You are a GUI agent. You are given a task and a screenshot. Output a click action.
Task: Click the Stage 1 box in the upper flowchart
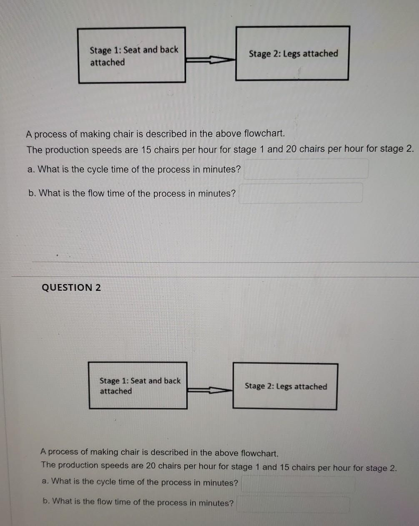pyautogui.click(x=132, y=56)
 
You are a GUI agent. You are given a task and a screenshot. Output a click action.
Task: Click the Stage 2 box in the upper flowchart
pyautogui.click(x=292, y=53)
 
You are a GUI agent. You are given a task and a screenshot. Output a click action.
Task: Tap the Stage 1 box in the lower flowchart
pyautogui.click(x=138, y=386)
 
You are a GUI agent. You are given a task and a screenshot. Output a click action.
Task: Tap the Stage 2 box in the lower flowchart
pyautogui.click(x=285, y=387)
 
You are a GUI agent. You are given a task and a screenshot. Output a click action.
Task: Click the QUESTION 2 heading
pyautogui.click(x=71, y=287)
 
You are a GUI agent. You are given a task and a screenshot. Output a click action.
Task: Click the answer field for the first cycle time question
pyautogui.click(x=306, y=169)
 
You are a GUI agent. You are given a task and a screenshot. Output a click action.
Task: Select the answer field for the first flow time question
pyautogui.click(x=300, y=193)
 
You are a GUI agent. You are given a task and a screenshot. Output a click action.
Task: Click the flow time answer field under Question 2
pyautogui.click(x=293, y=504)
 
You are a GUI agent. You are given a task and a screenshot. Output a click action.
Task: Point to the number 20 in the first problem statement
pyautogui.click(x=291, y=149)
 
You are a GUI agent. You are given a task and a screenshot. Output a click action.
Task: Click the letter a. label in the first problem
pyautogui.click(x=31, y=169)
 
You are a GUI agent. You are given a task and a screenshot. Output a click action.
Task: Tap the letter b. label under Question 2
pyautogui.click(x=46, y=501)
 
